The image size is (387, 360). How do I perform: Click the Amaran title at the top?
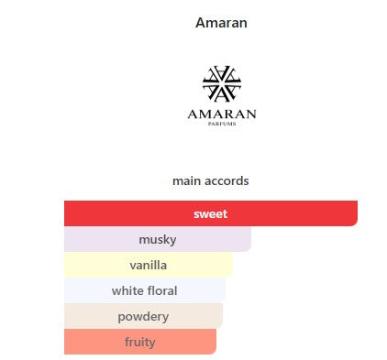point(221,23)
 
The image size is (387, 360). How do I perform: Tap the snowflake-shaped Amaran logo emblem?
point(222,83)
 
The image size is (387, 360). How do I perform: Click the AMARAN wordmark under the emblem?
point(222,115)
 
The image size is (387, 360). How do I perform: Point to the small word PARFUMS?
point(222,124)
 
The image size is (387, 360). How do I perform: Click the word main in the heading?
point(187,181)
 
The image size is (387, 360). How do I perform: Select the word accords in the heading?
point(227,181)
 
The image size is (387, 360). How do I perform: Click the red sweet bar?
point(211,213)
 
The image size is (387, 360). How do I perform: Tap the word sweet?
point(211,213)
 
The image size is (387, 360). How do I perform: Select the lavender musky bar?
point(158,239)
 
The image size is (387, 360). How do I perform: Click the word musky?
point(158,240)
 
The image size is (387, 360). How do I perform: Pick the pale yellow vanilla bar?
point(149,265)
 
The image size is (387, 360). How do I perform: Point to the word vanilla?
point(149,265)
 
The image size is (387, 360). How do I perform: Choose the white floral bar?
point(145,290)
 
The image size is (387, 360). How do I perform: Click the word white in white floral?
point(127,290)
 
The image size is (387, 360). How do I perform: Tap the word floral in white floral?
point(161,290)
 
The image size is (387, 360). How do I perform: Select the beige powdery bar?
point(144,316)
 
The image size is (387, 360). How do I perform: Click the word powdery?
point(143,317)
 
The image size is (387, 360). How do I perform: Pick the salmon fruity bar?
point(140,342)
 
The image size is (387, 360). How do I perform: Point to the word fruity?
point(140,343)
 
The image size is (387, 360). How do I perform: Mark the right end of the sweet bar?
point(358,213)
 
